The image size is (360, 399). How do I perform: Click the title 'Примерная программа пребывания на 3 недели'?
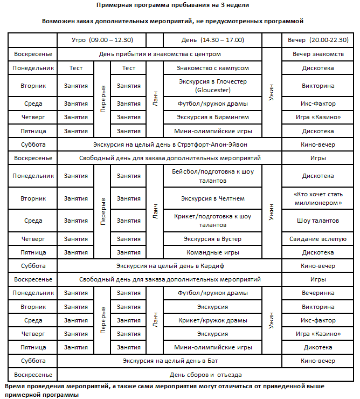click(180, 5)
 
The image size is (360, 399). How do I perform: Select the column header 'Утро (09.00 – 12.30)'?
click(102, 40)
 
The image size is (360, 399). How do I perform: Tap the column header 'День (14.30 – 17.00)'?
click(214, 40)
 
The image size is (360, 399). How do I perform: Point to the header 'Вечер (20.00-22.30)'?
click(318, 40)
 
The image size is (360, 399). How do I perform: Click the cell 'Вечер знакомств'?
click(318, 54)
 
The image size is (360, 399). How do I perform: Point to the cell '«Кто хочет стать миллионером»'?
click(318, 198)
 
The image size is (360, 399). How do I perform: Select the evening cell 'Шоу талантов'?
click(318, 221)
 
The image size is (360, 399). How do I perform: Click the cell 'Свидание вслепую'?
click(318, 239)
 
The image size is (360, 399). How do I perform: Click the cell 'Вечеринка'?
click(318, 293)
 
